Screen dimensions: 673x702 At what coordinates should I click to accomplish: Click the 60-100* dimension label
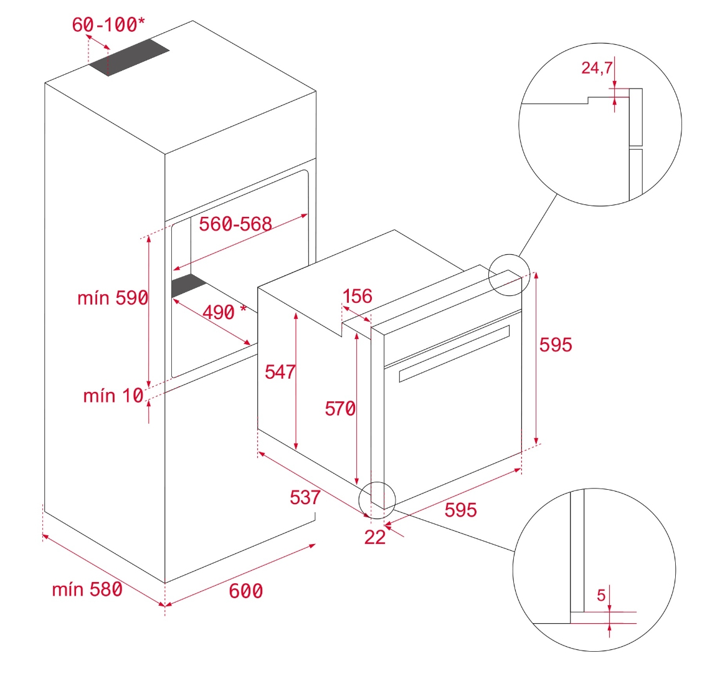point(108,24)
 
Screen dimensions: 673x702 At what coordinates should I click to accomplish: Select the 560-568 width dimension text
point(235,224)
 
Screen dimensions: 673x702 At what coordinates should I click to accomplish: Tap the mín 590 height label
point(113,298)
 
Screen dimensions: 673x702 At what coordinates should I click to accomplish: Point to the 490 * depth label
point(224,311)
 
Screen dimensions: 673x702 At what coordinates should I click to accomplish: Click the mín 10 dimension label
point(113,395)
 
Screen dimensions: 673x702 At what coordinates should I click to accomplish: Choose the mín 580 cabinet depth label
point(87,589)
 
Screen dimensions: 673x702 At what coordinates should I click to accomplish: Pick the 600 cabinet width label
point(245,591)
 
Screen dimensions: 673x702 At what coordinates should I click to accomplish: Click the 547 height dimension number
point(280,371)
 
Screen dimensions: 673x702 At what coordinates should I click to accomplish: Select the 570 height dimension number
point(340,409)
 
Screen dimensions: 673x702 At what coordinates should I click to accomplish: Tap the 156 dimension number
point(358,296)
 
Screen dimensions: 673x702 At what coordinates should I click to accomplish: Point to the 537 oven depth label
point(305,497)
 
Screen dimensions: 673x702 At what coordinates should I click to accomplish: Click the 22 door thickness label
point(375,537)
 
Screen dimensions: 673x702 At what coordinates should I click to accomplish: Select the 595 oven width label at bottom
point(460,510)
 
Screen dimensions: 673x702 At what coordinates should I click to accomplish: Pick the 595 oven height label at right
point(555,344)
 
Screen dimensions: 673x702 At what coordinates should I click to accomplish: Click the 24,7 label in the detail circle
point(597,68)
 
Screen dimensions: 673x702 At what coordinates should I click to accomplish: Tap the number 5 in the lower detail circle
point(601,595)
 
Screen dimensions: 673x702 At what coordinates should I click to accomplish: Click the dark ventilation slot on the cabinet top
point(128,59)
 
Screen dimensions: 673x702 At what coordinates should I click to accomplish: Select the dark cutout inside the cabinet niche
point(188,285)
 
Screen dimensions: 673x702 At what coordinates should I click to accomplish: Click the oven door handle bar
point(453,353)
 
